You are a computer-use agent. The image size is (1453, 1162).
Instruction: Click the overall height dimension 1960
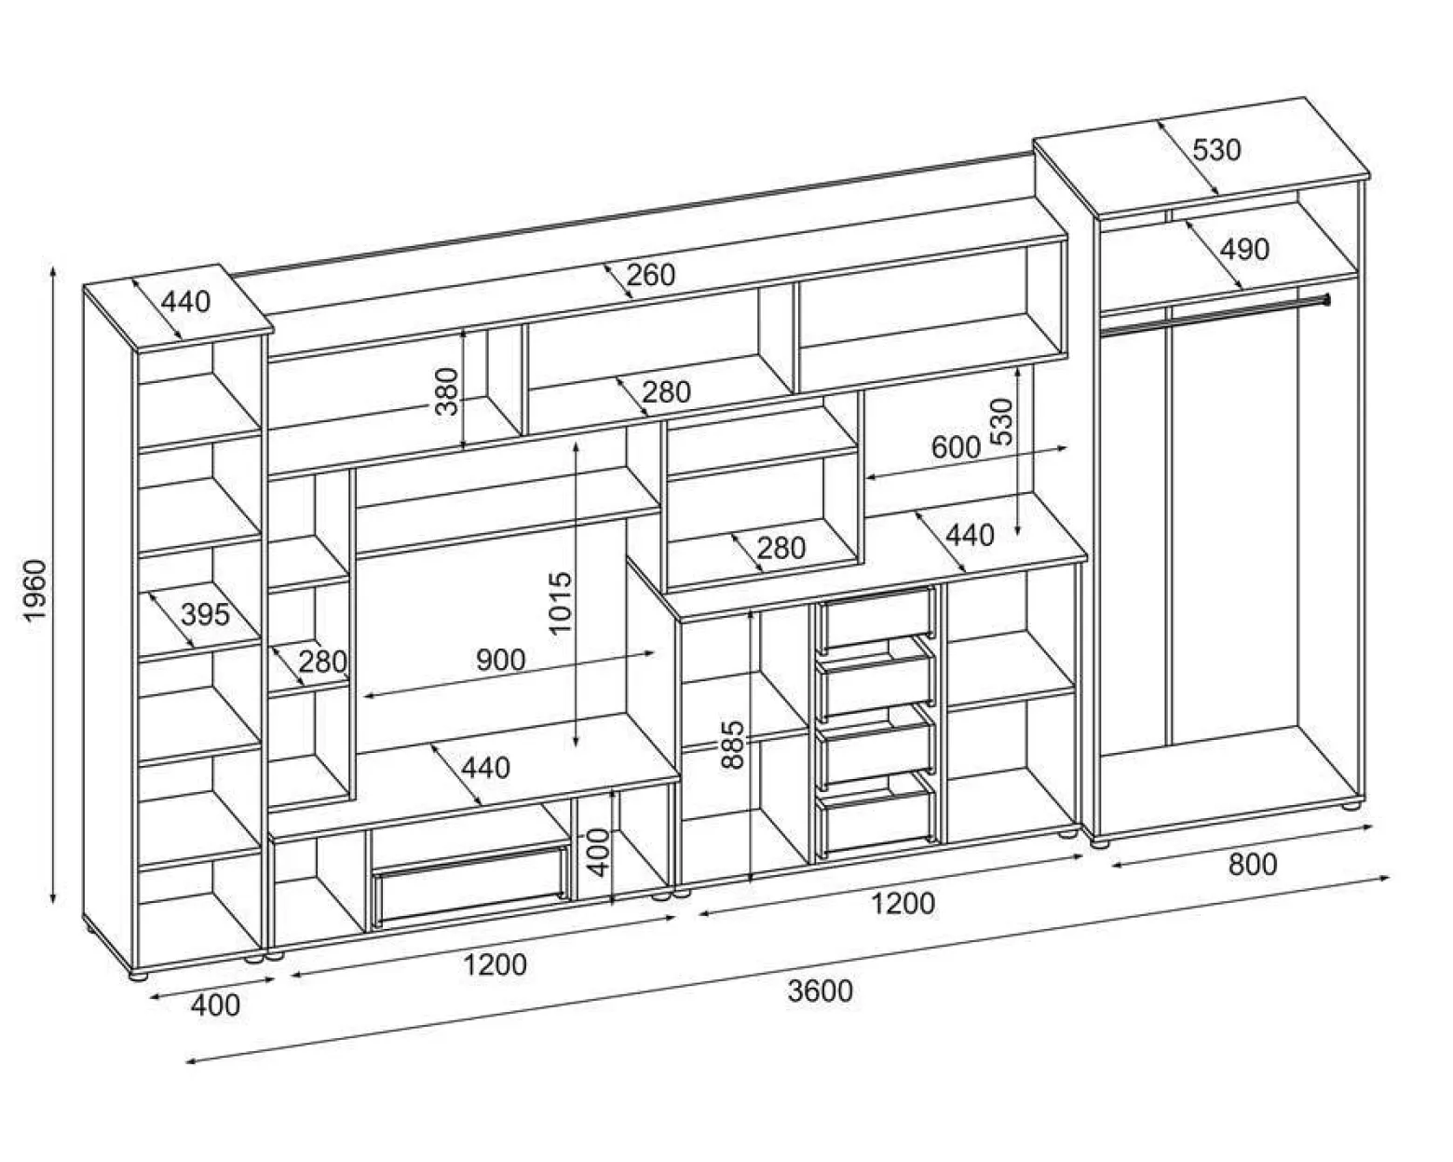pos(34,589)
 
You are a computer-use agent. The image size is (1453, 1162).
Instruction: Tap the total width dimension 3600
pos(821,991)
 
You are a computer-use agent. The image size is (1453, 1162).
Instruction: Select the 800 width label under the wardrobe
pos(1253,865)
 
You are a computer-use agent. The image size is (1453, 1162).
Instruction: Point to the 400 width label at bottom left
pos(215,1006)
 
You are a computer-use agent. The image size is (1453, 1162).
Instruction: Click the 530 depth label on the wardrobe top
pos(1216,150)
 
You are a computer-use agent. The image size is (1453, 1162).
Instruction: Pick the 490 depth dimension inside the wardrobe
pos(1244,250)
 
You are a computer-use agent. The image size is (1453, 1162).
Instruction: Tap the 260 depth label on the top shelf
pos(651,275)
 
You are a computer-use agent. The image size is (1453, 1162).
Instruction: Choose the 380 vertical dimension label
pos(447,391)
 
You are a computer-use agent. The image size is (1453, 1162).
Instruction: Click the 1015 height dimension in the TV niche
pos(561,603)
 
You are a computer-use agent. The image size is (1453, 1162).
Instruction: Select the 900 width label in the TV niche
pos(500,660)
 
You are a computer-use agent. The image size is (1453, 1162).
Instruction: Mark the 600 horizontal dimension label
pos(956,447)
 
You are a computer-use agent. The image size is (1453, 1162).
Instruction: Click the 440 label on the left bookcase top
pos(185,302)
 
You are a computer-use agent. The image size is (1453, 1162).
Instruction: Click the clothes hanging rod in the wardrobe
pos(1215,315)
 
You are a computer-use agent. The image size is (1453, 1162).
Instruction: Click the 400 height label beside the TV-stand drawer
pos(599,853)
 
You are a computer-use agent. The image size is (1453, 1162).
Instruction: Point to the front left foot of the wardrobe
pos(1101,843)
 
